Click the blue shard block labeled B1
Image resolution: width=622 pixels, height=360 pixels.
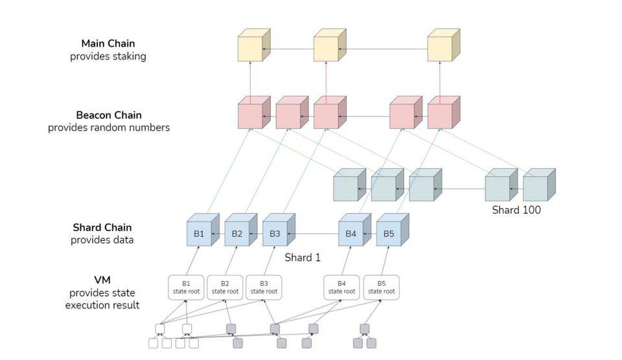click(x=199, y=233)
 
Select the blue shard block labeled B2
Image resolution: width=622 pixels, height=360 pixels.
click(x=237, y=233)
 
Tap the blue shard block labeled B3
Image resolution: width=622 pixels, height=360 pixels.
click(x=275, y=233)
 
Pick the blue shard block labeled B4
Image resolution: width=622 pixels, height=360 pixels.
click(x=351, y=233)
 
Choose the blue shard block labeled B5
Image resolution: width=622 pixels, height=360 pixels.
click(x=388, y=233)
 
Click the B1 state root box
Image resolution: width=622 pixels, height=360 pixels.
click(x=186, y=287)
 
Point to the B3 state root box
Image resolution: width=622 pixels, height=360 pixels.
click(x=264, y=287)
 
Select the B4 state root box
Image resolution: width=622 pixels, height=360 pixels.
click(x=342, y=287)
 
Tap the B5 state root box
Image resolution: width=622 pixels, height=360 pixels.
click(x=381, y=287)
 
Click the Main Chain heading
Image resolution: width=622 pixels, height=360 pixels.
click(x=108, y=43)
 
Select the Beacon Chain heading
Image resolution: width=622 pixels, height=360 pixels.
click(x=109, y=115)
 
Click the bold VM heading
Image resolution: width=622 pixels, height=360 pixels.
click(x=102, y=280)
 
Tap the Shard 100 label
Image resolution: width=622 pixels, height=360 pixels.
click(x=516, y=210)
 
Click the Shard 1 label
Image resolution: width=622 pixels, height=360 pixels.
click(x=303, y=257)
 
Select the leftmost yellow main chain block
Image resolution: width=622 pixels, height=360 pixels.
click(x=250, y=49)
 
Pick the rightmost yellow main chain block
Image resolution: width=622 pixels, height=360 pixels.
click(x=440, y=49)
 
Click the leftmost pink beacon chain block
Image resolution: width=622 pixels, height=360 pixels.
click(x=250, y=115)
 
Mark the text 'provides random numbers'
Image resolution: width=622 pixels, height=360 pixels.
click(x=109, y=128)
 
